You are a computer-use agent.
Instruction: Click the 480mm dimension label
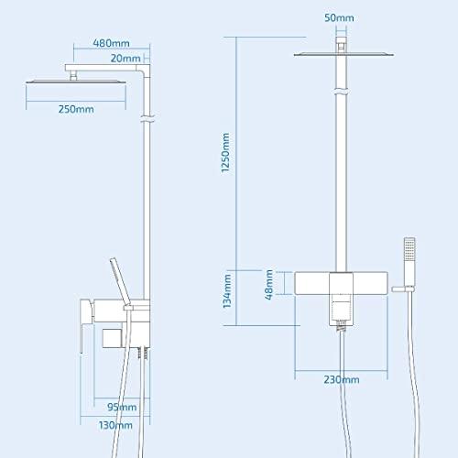pyautogui.click(x=111, y=43)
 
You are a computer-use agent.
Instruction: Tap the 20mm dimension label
pyautogui.click(x=125, y=58)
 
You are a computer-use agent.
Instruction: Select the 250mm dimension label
pyautogui.click(x=76, y=109)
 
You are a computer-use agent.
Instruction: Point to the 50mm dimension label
pyautogui.click(x=339, y=17)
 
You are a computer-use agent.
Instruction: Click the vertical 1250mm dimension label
pyautogui.click(x=225, y=153)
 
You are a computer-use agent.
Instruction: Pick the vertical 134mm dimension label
pyautogui.click(x=227, y=291)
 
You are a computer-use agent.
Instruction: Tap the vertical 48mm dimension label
pyautogui.click(x=268, y=285)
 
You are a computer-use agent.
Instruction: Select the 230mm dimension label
pyautogui.click(x=342, y=379)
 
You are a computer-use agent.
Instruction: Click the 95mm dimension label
pyautogui.click(x=122, y=407)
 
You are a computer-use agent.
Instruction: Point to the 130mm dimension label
pyautogui.click(x=115, y=425)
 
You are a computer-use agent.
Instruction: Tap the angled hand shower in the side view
pyautogui.click(x=120, y=281)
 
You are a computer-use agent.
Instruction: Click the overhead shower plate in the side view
pyautogui.click(x=76, y=82)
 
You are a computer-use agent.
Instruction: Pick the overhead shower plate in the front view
pyautogui.click(x=343, y=55)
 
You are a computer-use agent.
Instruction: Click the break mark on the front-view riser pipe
pyautogui.click(x=342, y=92)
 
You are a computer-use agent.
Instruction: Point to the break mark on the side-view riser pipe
pyautogui.click(x=147, y=119)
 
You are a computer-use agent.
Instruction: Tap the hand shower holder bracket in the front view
pyautogui.click(x=403, y=289)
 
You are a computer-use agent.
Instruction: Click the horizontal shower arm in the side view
pyautogui.click(x=104, y=68)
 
